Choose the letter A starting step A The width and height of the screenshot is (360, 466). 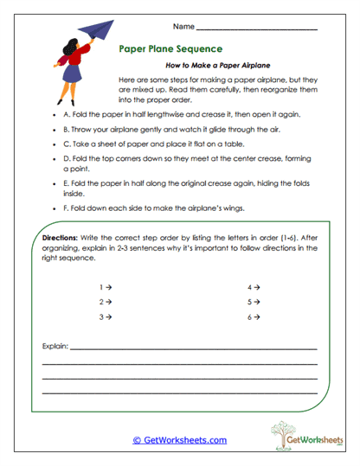point(66,113)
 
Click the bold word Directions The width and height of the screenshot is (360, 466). point(61,236)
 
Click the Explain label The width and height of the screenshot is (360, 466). point(55,347)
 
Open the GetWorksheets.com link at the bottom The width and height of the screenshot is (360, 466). point(179,440)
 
